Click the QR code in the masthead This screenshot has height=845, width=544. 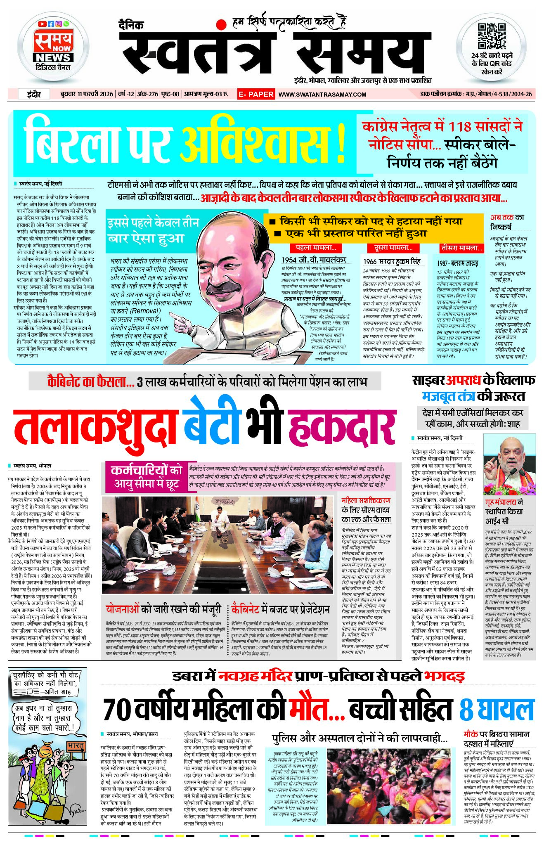coord(491,36)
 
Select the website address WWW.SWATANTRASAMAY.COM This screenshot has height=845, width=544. coord(322,95)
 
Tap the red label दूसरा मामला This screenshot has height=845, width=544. coord(393,248)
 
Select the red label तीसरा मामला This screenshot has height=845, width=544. coord(461,248)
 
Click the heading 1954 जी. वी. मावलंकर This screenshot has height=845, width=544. coord(314,260)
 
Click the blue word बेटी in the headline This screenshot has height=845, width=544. coord(211,423)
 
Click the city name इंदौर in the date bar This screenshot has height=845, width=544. coord(34,95)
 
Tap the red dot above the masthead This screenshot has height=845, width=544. coord(222,24)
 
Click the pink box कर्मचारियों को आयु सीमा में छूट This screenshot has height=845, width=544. coord(147,477)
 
